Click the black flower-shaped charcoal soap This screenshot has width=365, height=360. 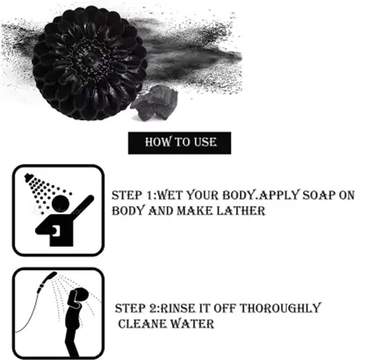point(89,63)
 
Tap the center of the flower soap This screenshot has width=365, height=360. point(89,60)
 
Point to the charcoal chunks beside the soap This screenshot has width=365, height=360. point(154,103)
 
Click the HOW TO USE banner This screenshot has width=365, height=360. point(179,143)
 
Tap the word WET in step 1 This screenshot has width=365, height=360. point(170,195)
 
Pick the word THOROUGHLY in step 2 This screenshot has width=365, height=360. point(280,308)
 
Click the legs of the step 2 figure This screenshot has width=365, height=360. point(72,342)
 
